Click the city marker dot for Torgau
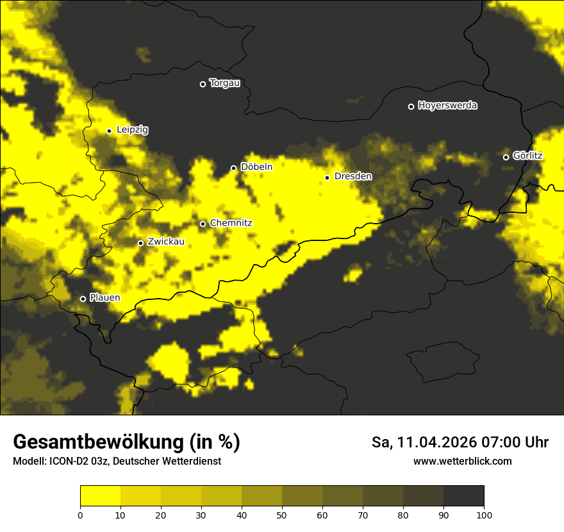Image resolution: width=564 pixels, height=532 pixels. (203, 84)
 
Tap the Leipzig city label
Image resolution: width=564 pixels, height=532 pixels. (132, 130)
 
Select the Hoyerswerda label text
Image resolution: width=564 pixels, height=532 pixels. (447, 106)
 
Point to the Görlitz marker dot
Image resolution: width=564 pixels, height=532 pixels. (506, 157)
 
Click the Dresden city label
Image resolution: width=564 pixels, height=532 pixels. (352, 176)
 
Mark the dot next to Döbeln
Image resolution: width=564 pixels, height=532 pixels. (233, 168)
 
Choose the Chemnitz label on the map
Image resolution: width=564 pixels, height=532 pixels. (231, 223)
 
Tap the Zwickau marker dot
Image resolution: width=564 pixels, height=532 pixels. (140, 243)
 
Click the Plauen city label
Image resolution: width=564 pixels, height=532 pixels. (104, 298)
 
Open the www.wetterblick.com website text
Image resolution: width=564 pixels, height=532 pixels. (462, 461)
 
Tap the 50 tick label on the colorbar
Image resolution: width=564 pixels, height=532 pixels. (282, 514)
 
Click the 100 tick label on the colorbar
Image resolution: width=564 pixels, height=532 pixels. (484, 514)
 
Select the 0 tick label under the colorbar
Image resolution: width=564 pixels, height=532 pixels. (80, 514)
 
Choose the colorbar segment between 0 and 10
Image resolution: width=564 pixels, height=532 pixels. (100, 496)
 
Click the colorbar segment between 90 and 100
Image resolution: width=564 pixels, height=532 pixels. (463, 496)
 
